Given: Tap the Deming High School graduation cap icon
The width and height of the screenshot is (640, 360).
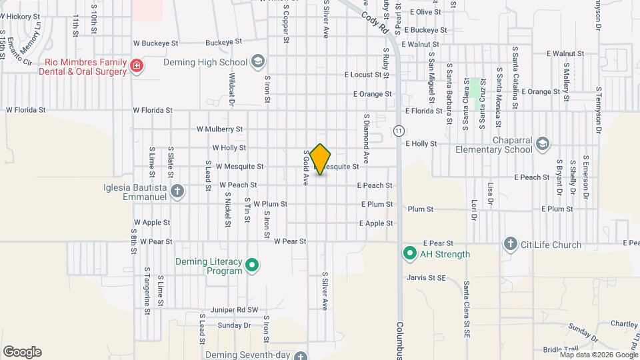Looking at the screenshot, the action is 257,63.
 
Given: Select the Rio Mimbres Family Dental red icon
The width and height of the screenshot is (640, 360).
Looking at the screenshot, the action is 137,65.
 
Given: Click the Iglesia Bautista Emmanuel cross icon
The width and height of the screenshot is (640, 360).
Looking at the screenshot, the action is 177,192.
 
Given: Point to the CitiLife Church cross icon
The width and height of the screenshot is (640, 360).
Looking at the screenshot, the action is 511,245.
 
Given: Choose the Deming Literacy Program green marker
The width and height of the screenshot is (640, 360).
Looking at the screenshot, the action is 251,266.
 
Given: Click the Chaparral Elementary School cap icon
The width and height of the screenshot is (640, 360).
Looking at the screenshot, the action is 543,144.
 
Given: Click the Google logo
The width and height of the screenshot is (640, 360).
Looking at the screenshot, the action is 22,351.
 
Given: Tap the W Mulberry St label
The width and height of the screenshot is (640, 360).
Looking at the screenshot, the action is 220,129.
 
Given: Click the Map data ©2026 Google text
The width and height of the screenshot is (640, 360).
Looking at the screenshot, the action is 597,355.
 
